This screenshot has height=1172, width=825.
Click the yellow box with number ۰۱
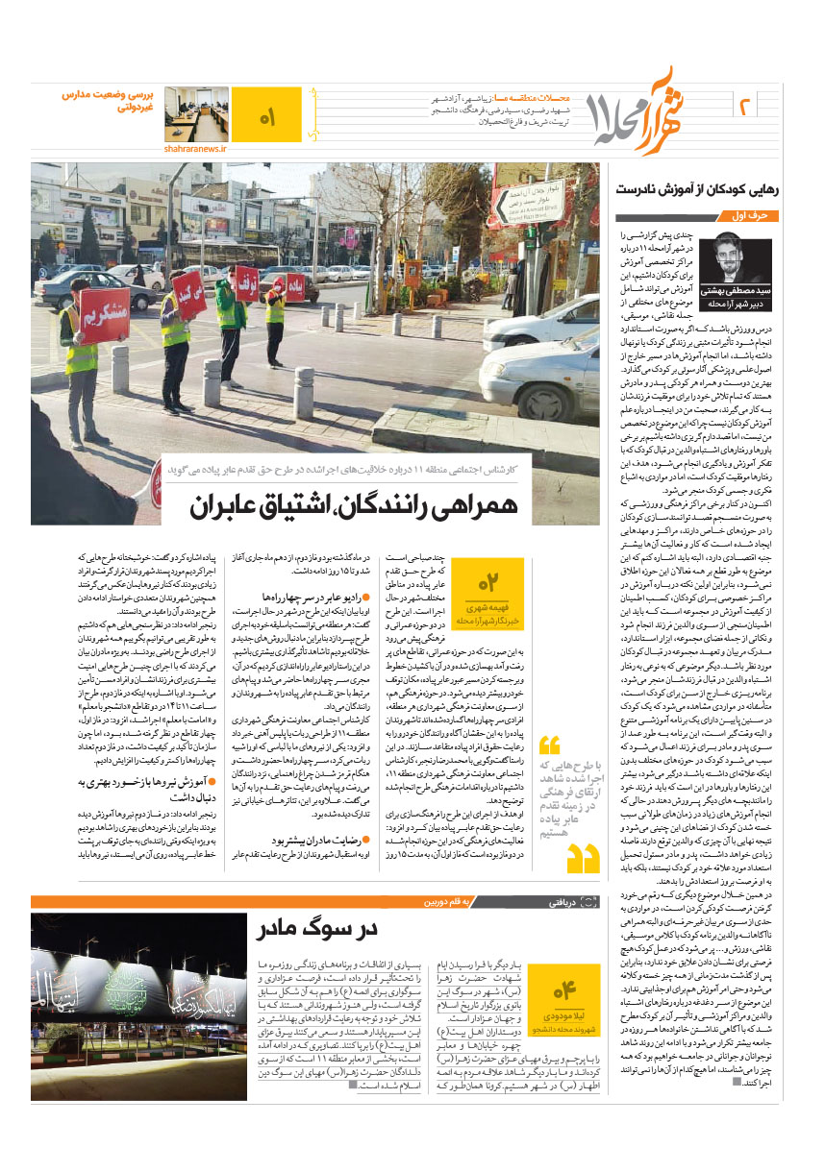(x=265, y=117)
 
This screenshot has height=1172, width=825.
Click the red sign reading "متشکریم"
(x=104, y=314)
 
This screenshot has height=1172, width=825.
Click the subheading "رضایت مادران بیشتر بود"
(x=313, y=866)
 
